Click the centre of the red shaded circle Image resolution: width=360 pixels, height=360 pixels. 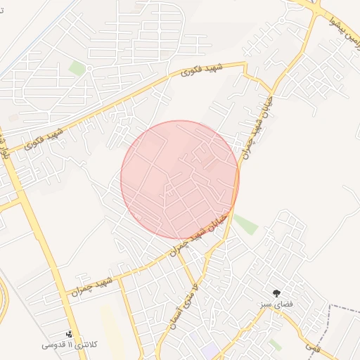[x=180, y=179]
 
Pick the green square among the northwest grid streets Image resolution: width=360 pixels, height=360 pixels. [x=77, y=68]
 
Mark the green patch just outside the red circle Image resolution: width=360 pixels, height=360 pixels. [x=245, y=224]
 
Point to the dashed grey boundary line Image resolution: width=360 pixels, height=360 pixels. [x=345, y=310]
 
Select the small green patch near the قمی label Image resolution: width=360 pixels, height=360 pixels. [x=276, y=345]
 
